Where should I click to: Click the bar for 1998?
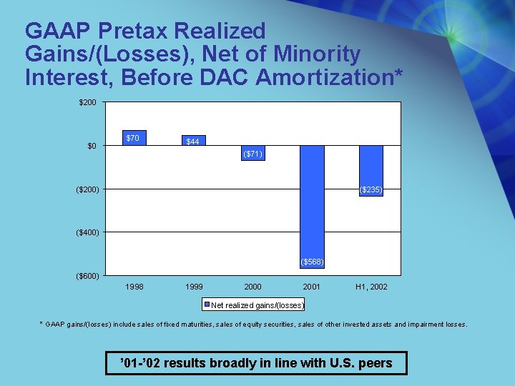tap(134, 138)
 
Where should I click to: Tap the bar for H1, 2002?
tap(371, 170)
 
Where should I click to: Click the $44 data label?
tap(192, 142)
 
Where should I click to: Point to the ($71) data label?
tap(252, 154)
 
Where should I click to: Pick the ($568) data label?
tap(312, 262)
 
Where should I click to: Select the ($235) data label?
tap(371, 189)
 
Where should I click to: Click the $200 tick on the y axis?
tap(87, 103)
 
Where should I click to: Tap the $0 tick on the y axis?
tap(91, 147)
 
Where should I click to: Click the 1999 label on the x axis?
tap(193, 287)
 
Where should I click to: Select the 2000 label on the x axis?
tap(252, 287)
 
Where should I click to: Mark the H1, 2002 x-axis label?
tap(371, 287)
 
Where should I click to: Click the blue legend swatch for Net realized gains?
tap(207, 305)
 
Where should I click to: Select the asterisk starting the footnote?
tap(41, 324)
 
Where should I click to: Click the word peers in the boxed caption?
tap(375, 363)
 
